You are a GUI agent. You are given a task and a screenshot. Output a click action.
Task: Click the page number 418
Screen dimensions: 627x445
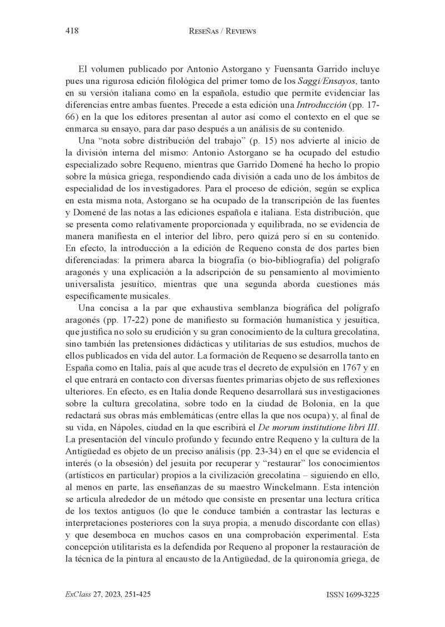pyautogui.click(x=72, y=32)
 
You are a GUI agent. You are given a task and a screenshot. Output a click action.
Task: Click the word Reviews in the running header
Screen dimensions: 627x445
pyautogui.click(x=239, y=32)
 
